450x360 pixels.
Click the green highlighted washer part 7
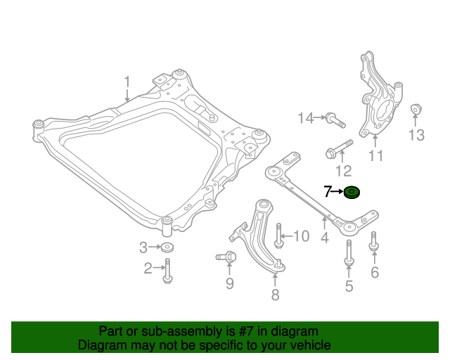(x=352, y=191)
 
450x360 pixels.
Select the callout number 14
(x=305, y=118)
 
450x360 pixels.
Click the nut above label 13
(x=415, y=110)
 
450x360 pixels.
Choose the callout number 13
(x=416, y=134)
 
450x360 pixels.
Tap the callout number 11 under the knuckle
(x=376, y=156)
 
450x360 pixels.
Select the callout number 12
(x=342, y=170)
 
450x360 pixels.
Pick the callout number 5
(x=349, y=285)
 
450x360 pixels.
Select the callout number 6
(x=374, y=272)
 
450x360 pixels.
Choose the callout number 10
(x=301, y=236)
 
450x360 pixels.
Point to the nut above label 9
(x=227, y=259)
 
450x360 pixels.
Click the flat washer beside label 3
(x=167, y=247)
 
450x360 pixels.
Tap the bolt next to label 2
(x=167, y=270)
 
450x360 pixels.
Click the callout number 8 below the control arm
(x=275, y=295)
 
